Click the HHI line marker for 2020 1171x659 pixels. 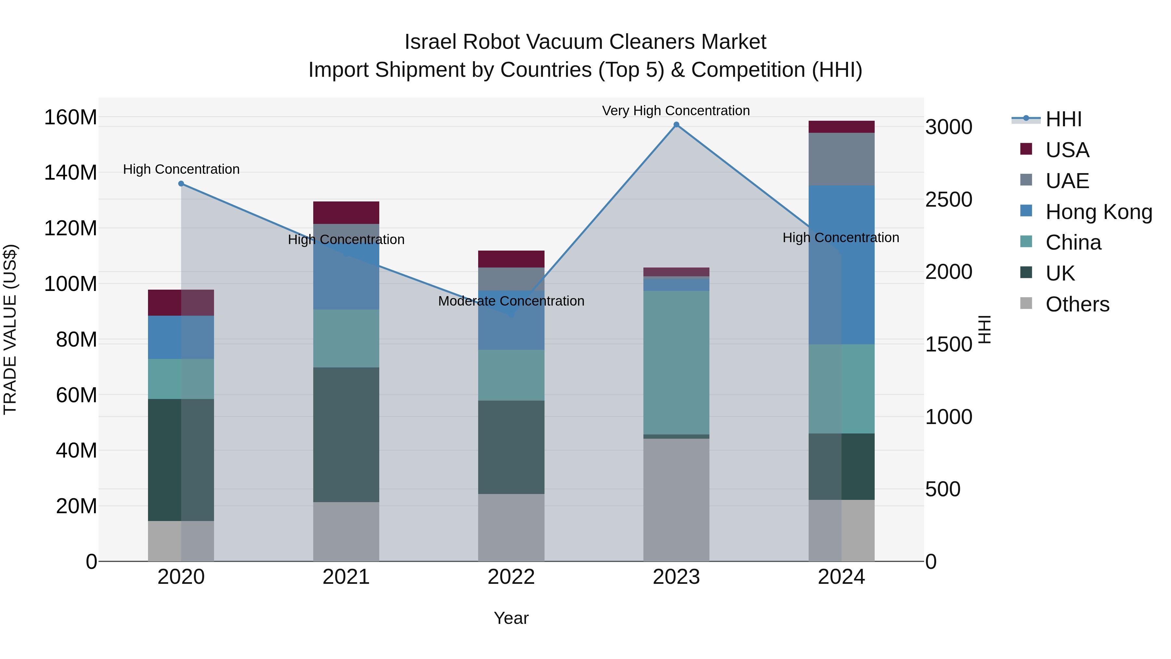[181, 184]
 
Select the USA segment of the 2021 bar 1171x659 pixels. [346, 213]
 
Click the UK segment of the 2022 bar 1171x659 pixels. [511, 447]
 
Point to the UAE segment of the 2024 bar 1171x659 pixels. [841, 159]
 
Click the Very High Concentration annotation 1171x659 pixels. [676, 111]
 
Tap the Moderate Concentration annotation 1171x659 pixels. [511, 301]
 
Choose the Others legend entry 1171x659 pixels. [1077, 304]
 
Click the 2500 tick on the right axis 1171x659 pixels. [949, 200]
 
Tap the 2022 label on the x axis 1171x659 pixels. [511, 577]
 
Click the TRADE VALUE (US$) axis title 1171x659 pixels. [10, 329]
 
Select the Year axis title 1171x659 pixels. [511, 618]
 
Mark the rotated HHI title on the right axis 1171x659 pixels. [985, 329]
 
